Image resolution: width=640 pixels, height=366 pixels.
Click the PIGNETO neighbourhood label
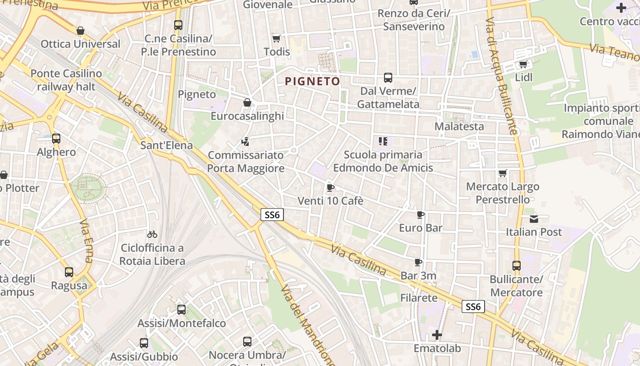tap(313, 82)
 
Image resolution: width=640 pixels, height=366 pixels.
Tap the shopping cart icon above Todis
tap(276, 38)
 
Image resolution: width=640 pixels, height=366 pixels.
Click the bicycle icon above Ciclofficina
tap(152, 234)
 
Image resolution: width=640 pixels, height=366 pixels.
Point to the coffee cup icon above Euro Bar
tap(421, 215)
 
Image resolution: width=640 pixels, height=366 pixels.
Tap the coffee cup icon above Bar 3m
tap(418, 262)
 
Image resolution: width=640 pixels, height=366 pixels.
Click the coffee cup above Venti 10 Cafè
tap(331, 188)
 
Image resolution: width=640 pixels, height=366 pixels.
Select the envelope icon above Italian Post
tap(533, 219)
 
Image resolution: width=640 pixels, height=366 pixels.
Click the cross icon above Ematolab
tap(437, 335)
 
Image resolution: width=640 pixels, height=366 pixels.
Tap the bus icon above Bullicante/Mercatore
tap(516, 265)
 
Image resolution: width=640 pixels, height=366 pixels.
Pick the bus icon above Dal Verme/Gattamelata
tap(388, 77)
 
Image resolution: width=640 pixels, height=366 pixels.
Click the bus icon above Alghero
tap(56, 138)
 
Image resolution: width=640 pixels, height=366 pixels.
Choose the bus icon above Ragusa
tap(69, 272)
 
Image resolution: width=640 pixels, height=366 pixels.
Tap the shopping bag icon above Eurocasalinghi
tap(247, 102)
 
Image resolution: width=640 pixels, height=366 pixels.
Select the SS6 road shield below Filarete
tap(473, 307)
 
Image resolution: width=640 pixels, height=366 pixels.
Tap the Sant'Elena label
tap(166, 145)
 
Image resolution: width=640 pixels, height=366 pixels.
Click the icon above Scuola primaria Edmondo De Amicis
tap(383, 141)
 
